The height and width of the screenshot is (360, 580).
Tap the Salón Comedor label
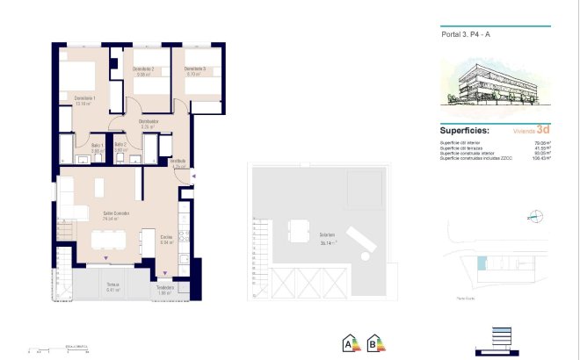(116, 213)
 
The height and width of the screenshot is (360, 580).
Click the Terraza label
(112, 285)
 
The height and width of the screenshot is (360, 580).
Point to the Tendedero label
(164, 287)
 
